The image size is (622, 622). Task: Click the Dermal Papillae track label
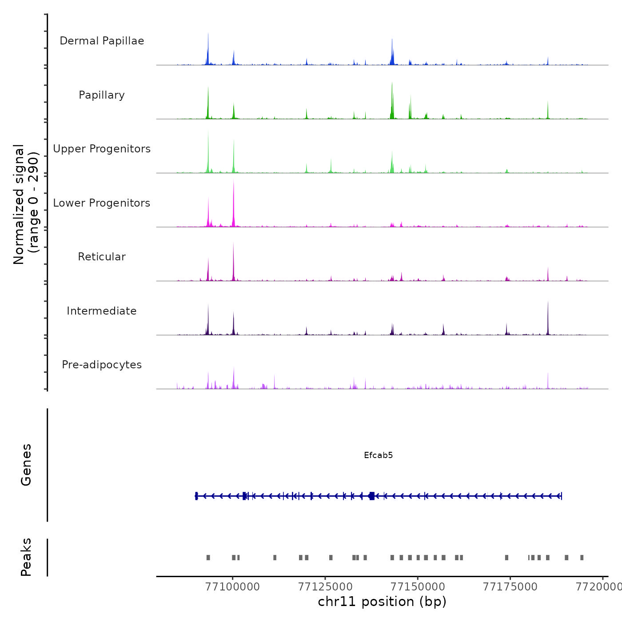click(102, 41)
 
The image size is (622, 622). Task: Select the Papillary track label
click(102, 95)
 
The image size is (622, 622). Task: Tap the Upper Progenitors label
click(102, 149)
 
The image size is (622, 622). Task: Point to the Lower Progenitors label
click(102, 203)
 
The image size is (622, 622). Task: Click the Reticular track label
click(102, 257)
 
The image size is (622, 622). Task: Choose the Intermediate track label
click(102, 311)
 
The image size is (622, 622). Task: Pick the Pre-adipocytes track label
click(102, 365)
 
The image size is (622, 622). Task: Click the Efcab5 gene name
click(378, 455)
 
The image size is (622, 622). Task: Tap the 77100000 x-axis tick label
click(232, 587)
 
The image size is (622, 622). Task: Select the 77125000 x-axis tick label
click(325, 587)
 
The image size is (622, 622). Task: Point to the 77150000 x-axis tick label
click(418, 587)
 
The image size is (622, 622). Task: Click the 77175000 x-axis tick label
click(510, 587)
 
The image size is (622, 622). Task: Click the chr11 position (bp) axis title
click(382, 602)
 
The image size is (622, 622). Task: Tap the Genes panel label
click(26, 465)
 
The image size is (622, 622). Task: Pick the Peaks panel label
click(26, 557)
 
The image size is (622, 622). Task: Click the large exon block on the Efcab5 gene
click(372, 496)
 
